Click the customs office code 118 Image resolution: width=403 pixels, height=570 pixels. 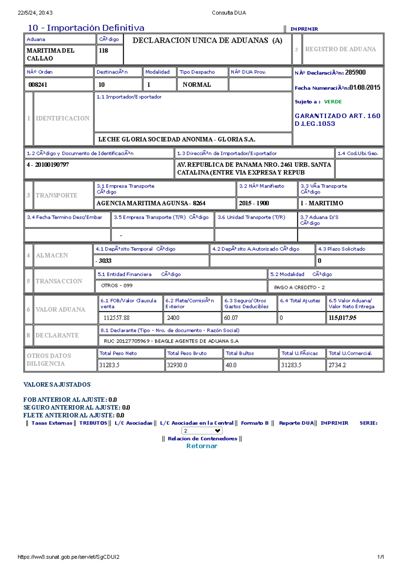click(103, 51)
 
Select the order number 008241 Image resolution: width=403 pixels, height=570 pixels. click(38, 85)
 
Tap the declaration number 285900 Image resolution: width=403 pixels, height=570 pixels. click(355, 73)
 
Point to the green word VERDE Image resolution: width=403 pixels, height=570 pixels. click(333, 102)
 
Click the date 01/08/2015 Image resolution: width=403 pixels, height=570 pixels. click(365, 88)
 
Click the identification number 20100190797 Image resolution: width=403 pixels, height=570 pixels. click(52, 165)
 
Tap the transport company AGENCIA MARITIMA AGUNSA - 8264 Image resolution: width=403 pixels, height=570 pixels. click(151, 203)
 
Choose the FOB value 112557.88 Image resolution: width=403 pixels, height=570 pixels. click(117, 318)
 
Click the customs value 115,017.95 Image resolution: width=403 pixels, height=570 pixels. click(343, 318)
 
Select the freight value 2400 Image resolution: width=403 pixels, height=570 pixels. click(173, 318)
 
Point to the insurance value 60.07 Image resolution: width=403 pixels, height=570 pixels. click(231, 318)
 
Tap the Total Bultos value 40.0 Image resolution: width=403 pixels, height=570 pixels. click(231, 365)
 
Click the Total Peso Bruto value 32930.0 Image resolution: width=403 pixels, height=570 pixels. click(177, 365)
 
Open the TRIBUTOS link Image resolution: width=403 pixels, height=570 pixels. click(93, 423)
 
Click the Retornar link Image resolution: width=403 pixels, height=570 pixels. click(202, 446)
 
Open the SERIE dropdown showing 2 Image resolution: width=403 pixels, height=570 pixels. click(202, 431)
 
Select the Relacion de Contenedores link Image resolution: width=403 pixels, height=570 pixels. click(202, 439)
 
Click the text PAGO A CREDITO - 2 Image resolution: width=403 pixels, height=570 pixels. click(299, 288)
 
